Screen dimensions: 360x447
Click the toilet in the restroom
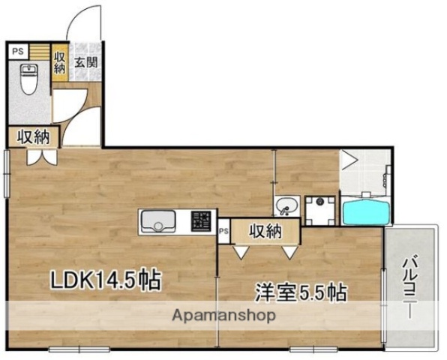click(29, 79)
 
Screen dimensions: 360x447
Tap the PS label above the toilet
click(18, 52)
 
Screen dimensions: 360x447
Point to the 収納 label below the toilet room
click(34, 136)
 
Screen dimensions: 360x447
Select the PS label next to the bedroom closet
click(223, 232)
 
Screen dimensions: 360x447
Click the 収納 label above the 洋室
click(265, 230)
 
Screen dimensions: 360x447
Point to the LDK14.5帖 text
click(104, 280)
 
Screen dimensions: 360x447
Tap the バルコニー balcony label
click(409, 289)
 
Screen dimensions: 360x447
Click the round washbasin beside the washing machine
click(286, 205)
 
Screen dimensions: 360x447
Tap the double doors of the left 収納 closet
click(38, 157)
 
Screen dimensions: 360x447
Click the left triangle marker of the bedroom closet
click(241, 253)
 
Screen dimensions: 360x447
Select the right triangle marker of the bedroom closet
click(288, 253)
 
